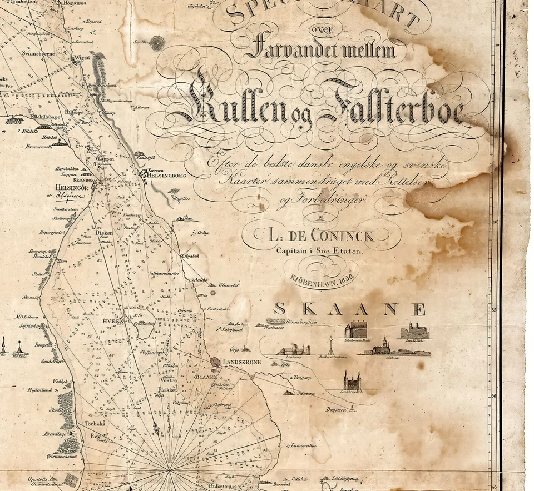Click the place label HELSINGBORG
click(x=165, y=176)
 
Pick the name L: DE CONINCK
click(x=322, y=236)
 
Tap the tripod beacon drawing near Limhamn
click(x=330, y=345)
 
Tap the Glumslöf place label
click(x=229, y=285)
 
